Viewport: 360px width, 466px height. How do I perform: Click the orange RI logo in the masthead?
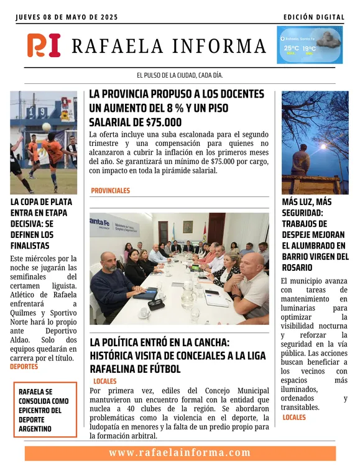pyautogui.click(x=44, y=45)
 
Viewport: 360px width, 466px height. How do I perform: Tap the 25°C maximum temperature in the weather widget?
pyautogui.click(x=290, y=48)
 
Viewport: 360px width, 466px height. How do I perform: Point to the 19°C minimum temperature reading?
pyautogui.click(x=309, y=48)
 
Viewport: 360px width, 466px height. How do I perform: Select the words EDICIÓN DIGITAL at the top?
pyautogui.click(x=313, y=17)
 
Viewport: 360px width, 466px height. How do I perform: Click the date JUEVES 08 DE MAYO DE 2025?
pyautogui.click(x=68, y=17)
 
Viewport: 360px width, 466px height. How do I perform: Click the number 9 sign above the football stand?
pyautogui.click(x=42, y=112)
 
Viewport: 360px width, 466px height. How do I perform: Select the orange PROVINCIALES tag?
pyautogui.click(x=110, y=191)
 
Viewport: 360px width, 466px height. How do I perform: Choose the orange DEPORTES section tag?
pyautogui.click(x=24, y=367)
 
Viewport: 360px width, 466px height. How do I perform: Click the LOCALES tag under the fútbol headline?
pyautogui.click(x=104, y=381)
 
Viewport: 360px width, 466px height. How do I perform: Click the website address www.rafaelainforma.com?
pyautogui.click(x=180, y=453)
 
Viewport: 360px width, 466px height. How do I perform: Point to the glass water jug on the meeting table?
pyautogui.click(x=187, y=297)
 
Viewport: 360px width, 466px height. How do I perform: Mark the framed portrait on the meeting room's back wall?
pyautogui.click(x=187, y=226)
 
